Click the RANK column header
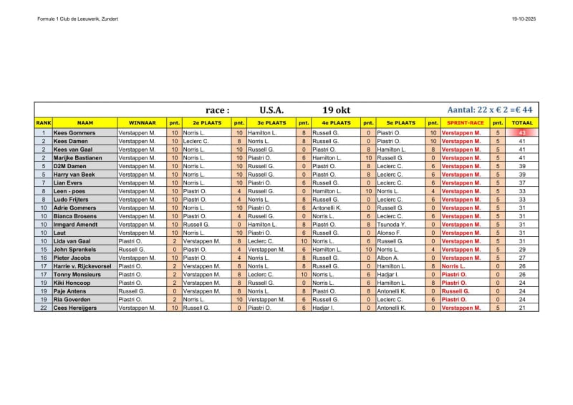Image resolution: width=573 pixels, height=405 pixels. coord(43,123)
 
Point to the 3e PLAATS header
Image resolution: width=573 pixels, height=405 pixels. coord(271,123)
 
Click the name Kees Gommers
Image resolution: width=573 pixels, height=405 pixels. coord(74,132)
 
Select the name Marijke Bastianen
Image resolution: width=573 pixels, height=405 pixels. coord(77,157)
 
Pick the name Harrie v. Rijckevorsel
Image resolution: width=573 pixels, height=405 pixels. coord(82,265)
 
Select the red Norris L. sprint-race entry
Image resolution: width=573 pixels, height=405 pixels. coord(453,265)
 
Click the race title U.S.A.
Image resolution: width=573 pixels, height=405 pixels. coord(271,110)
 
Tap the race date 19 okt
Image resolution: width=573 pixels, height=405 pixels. coord(336,110)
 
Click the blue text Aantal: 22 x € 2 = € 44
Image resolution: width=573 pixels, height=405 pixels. coord(489,110)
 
